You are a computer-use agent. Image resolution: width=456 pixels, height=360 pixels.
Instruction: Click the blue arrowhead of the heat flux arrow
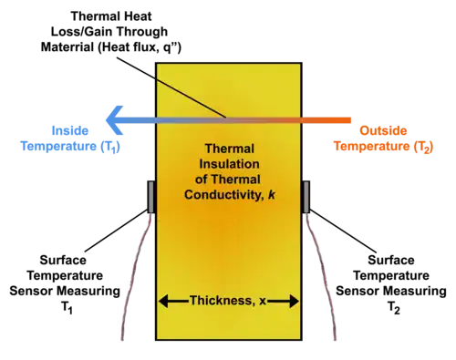114,120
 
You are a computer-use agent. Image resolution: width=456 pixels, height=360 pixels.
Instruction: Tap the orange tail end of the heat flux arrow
350,120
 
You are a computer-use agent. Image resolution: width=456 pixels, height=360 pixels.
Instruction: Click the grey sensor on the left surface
151,197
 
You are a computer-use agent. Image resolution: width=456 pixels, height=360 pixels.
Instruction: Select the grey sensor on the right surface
306,197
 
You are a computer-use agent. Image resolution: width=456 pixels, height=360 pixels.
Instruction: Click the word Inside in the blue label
70,130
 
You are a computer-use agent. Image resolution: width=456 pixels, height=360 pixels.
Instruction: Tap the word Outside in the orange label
383,130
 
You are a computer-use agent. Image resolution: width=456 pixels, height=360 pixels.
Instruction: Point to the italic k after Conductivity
272,194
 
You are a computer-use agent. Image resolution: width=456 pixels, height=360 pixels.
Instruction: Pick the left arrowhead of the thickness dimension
163,302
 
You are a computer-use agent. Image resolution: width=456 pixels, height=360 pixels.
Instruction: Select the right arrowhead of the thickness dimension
295,302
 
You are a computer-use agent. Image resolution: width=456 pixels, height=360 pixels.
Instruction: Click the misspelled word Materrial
67,47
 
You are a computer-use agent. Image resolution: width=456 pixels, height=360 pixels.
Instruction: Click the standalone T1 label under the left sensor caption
67,308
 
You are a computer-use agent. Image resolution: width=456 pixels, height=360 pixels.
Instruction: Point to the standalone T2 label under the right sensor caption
394,308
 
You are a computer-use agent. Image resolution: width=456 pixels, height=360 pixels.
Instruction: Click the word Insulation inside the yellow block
229,164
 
